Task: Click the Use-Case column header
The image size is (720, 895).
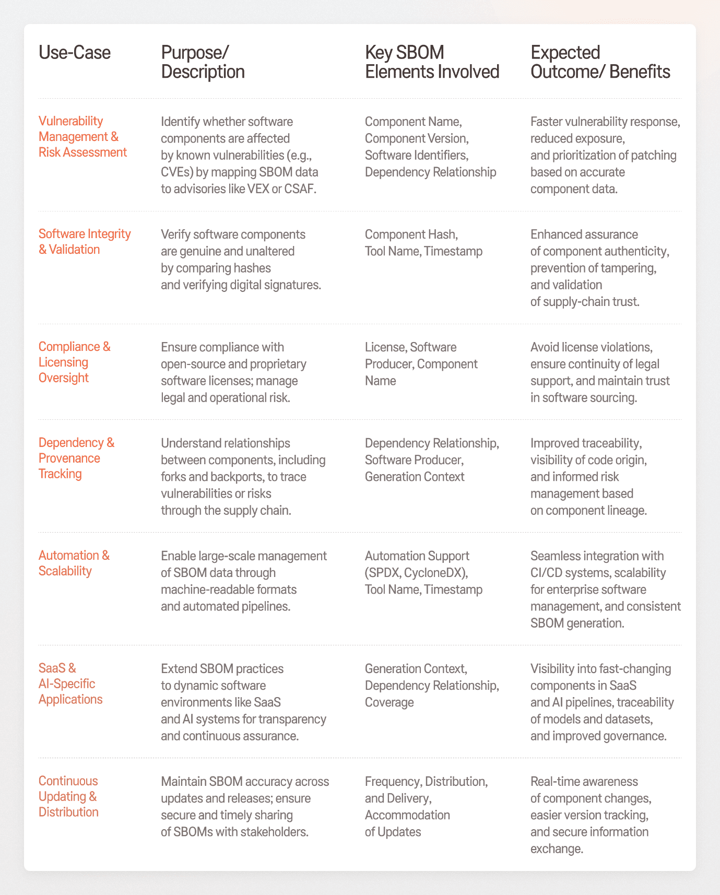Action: pyautogui.click(x=75, y=53)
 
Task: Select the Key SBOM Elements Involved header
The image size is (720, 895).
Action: pyautogui.click(x=432, y=62)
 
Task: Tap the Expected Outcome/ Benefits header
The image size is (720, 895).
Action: pyautogui.click(x=600, y=62)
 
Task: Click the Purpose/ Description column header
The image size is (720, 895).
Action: pyautogui.click(x=203, y=62)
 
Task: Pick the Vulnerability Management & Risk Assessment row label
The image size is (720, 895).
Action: pyautogui.click(x=82, y=136)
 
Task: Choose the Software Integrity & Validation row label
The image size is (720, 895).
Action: pyautogui.click(x=85, y=241)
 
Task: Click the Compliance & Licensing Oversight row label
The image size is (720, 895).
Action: pyautogui.click(x=74, y=362)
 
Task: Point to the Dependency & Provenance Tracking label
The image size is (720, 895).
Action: pyautogui.click(x=76, y=458)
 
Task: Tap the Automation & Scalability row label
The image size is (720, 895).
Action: pyautogui.click(x=74, y=563)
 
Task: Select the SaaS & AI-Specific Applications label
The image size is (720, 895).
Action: pyautogui.click(x=70, y=684)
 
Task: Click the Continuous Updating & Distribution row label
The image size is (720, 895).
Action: pyautogui.click(x=68, y=796)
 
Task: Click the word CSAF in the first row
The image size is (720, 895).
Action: pyautogui.click(x=300, y=189)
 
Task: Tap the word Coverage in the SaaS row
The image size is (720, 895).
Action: pyautogui.click(x=389, y=702)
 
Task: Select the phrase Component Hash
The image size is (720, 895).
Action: pyautogui.click(x=411, y=234)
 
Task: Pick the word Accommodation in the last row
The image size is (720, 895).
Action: pyautogui.click(x=407, y=815)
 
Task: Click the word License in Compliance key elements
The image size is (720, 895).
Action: pyautogui.click(x=385, y=347)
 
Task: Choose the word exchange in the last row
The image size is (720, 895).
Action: pyautogui.click(x=557, y=849)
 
